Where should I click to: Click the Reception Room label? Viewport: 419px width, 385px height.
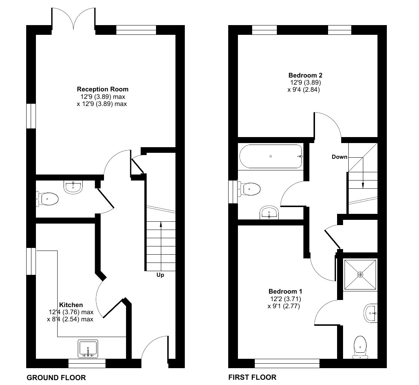[x=103, y=89]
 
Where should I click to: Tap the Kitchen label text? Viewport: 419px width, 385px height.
[x=71, y=305]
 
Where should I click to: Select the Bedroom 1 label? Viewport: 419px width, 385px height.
[x=285, y=291]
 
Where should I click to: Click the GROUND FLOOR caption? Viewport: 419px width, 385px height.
[x=56, y=377]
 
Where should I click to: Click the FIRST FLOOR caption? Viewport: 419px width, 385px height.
[x=252, y=377]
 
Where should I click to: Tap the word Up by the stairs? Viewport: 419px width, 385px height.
[x=160, y=275]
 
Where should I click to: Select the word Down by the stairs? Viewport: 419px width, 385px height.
[x=339, y=157]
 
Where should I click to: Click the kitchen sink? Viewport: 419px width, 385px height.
[x=88, y=349]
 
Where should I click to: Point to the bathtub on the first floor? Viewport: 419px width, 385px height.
[x=271, y=156]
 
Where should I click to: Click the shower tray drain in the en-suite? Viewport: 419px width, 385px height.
[x=360, y=275]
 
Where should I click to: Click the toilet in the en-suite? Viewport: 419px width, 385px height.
[x=360, y=347]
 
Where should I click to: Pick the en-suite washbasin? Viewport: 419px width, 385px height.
[x=370, y=312]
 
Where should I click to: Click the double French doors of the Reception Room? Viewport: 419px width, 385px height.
[x=74, y=19]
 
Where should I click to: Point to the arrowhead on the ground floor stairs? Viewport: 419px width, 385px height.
[x=161, y=225]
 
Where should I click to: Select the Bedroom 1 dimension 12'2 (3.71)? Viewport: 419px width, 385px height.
[x=285, y=299]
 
